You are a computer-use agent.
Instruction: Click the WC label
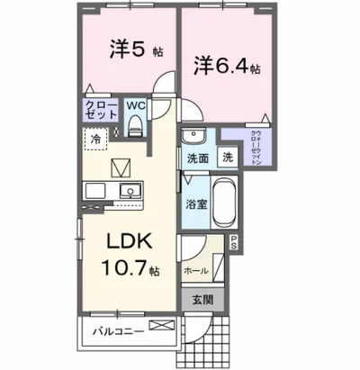tap(136, 105)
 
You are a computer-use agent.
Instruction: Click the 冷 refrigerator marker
tap(94, 138)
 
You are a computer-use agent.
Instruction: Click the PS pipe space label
tap(234, 240)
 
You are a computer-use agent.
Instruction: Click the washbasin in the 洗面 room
tap(191, 137)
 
